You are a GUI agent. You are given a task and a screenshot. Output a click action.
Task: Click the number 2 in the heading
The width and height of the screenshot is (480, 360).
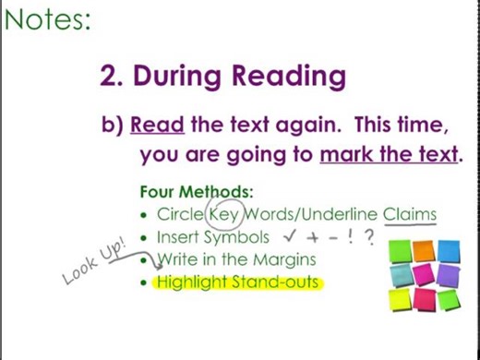[109, 76]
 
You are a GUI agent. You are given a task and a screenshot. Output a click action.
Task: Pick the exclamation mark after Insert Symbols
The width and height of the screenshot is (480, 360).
[352, 237]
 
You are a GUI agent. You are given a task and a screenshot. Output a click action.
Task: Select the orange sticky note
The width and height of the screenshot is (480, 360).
[424, 250]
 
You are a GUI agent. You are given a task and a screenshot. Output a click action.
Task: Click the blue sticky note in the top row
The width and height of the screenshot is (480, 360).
[449, 250]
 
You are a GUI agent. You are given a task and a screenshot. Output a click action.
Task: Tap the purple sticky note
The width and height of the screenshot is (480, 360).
[424, 274]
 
